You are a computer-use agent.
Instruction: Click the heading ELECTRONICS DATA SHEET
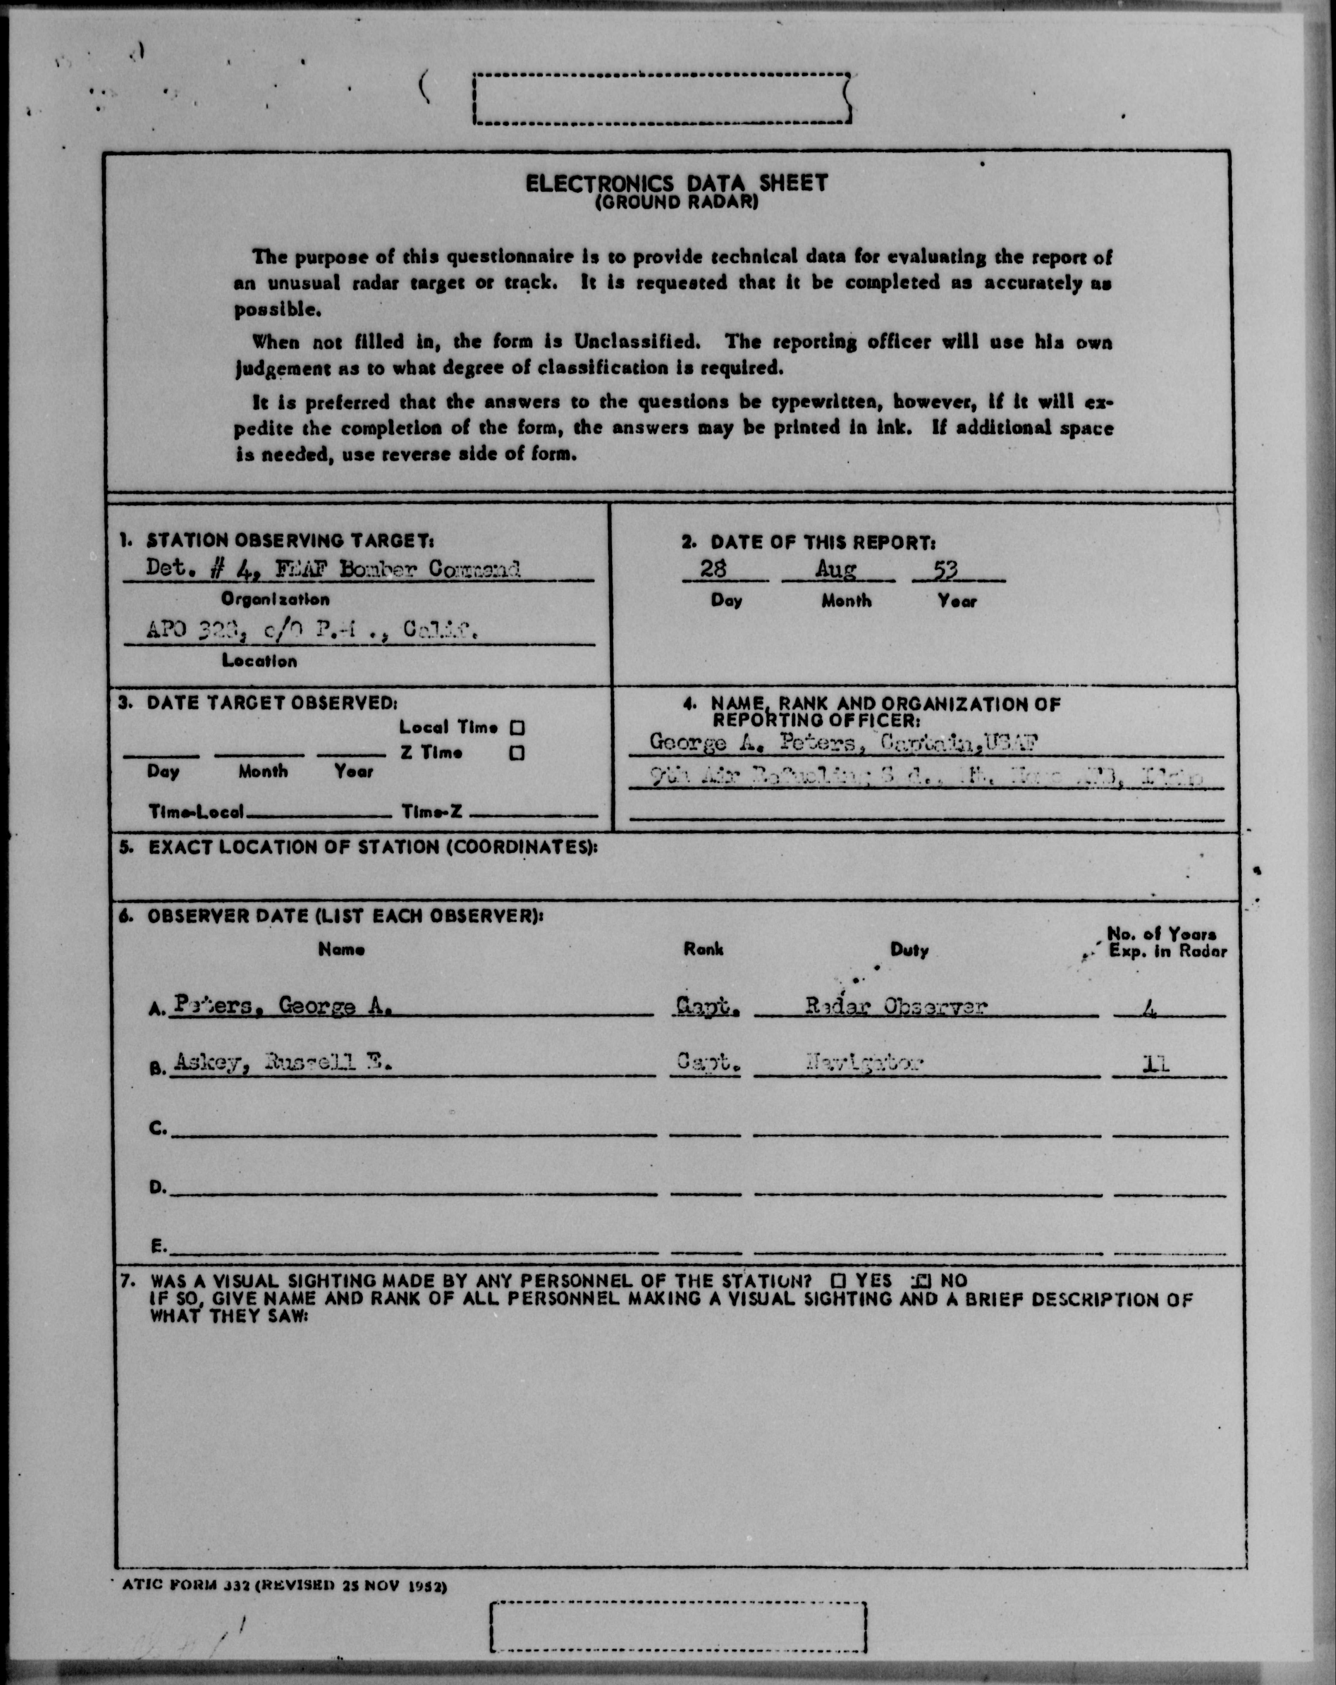coord(676,183)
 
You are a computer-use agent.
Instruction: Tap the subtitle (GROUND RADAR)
coord(676,202)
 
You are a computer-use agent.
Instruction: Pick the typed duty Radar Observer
coord(896,1006)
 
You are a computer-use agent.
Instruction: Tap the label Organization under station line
coord(275,599)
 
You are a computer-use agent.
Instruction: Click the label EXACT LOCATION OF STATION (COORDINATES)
coord(372,847)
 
